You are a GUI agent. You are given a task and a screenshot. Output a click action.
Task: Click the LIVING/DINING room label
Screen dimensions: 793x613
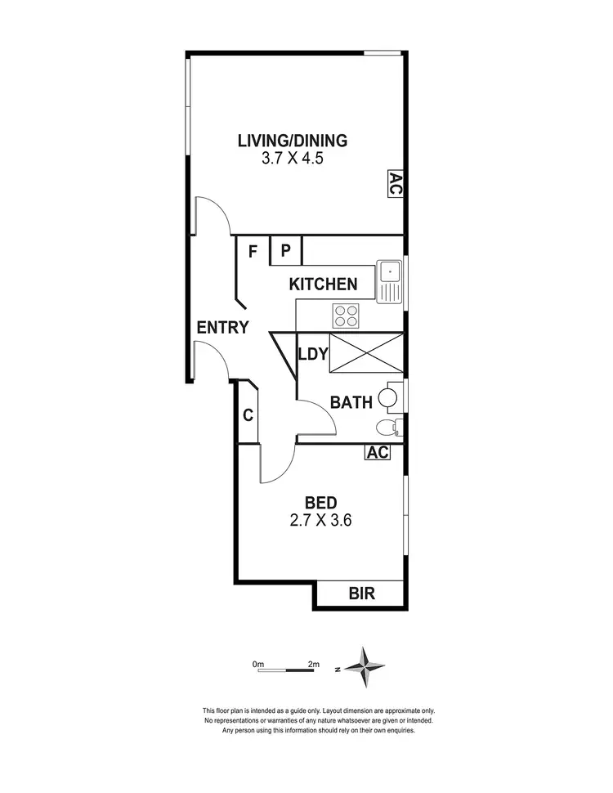point(293,140)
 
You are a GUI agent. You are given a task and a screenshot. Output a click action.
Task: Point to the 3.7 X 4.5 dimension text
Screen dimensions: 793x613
point(293,159)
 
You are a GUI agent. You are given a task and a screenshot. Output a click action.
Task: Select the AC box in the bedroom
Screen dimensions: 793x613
point(377,453)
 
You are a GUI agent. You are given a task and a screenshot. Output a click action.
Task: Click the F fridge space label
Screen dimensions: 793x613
point(253,251)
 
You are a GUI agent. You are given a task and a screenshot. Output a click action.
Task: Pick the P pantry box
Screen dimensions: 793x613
point(286,250)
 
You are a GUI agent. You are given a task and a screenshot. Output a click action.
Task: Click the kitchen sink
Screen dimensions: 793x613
point(390,280)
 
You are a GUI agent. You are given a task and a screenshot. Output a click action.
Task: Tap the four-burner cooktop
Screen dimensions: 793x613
point(347,316)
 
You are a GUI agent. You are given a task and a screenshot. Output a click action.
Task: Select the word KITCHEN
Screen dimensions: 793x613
point(323,284)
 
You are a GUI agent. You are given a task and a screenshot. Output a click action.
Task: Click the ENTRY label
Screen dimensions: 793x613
point(222,328)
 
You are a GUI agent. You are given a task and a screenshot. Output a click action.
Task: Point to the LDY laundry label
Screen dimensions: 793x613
point(313,354)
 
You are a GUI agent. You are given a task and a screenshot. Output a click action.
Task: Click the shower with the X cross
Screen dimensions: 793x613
point(365,353)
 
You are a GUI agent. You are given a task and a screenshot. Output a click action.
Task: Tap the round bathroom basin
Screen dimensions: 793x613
point(389,398)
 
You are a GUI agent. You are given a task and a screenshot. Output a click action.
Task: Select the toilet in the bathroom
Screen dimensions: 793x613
point(387,427)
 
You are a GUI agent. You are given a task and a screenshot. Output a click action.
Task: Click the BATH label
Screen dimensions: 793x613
point(351,402)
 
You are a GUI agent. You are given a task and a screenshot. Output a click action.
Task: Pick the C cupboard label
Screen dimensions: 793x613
point(248,415)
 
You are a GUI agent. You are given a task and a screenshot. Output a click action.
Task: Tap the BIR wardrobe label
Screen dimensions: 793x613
point(361,594)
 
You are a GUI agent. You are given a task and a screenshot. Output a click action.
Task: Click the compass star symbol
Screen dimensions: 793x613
point(364,666)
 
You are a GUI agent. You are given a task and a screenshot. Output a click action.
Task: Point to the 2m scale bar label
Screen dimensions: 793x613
point(313,664)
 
